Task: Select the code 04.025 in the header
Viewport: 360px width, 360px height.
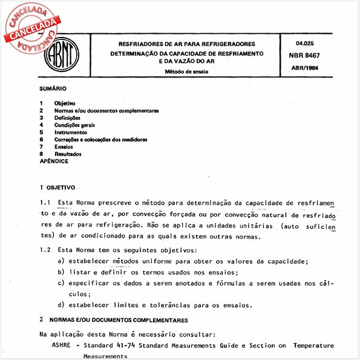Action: click(x=306, y=44)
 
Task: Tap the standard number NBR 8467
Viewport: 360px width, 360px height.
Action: click(x=306, y=54)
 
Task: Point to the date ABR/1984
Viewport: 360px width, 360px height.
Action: click(x=306, y=67)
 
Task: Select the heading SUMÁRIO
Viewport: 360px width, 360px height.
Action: click(x=53, y=89)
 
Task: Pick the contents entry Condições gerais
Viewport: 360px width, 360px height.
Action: click(x=75, y=125)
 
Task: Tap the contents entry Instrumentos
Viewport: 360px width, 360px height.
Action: click(x=70, y=133)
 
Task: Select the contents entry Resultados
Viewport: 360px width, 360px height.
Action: click(x=67, y=154)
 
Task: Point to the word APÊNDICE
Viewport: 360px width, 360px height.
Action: click(x=54, y=162)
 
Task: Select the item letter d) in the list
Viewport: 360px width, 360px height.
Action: click(x=61, y=304)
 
